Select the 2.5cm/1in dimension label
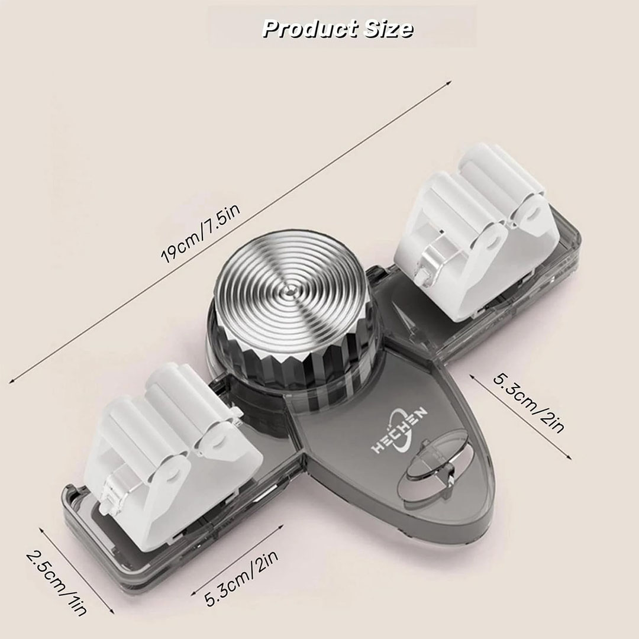click(x=56, y=583)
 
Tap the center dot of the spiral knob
click(x=289, y=290)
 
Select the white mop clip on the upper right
click(x=477, y=233)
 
